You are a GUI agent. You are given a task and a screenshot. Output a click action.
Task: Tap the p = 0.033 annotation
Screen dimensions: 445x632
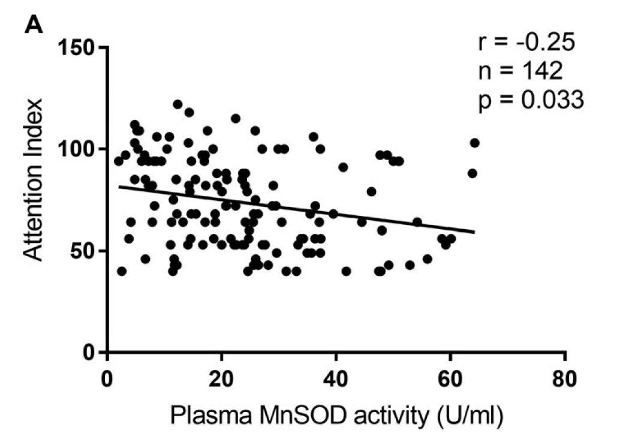531,101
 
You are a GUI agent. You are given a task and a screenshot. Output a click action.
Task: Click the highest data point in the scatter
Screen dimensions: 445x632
177,104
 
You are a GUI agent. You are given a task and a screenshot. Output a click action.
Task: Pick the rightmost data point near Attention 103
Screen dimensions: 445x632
475,143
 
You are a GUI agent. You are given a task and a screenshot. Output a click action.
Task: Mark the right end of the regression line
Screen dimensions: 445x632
475,231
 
